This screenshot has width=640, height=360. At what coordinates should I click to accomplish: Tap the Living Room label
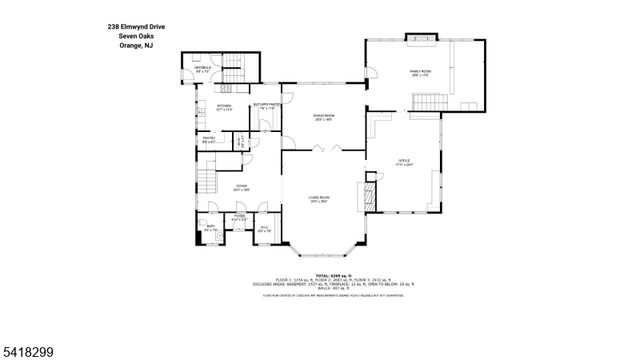click(319, 200)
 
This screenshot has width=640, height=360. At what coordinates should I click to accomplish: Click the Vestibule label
click(203, 71)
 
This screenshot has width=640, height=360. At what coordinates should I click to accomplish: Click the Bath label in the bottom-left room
click(210, 229)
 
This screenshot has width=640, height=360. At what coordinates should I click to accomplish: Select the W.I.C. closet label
click(265, 229)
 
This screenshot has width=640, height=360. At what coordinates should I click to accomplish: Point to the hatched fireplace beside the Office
click(371, 188)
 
